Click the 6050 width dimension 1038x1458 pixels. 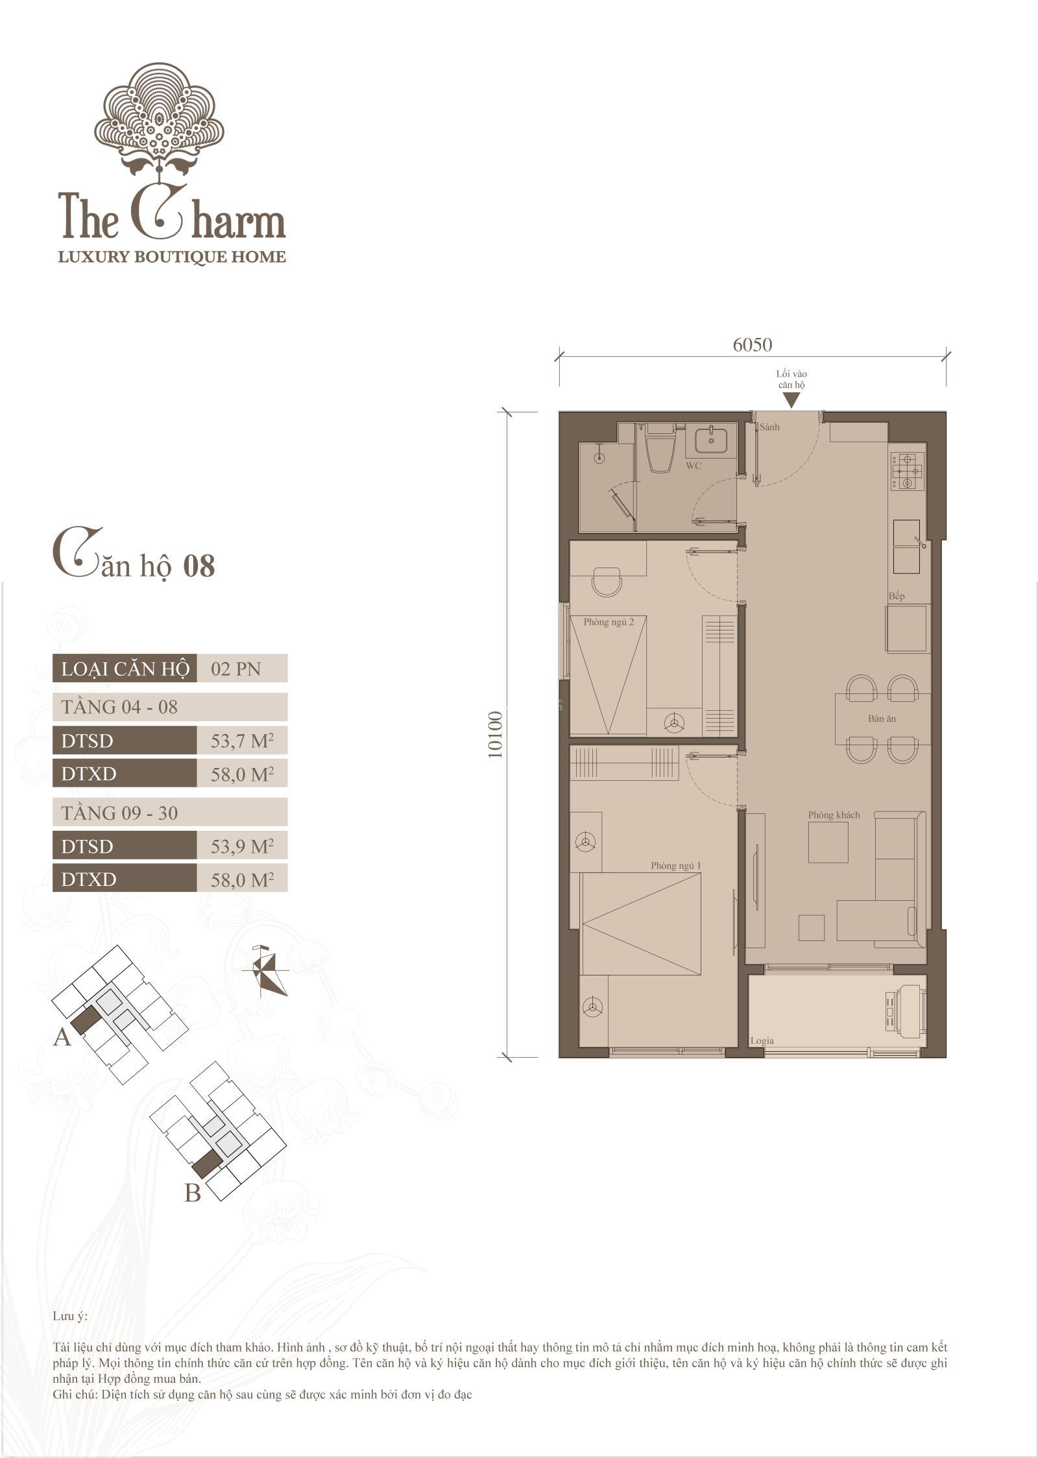point(753,344)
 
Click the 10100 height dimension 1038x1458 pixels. point(496,735)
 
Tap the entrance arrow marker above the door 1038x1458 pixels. point(791,401)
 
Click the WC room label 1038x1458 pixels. point(694,466)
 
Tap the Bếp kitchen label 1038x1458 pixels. point(897,596)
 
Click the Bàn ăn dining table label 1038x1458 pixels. point(882,719)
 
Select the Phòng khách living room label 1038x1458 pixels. point(834,815)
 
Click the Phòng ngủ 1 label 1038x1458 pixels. point(676,866)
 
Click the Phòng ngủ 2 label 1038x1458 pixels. point(609,622)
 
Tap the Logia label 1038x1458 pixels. point(762,1040)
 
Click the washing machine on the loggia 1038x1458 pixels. point(902,1009)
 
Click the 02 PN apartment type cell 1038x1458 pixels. point(236,669)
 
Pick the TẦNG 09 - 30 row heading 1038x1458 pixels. point(119,813)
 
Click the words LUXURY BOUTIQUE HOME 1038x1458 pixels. point(172,257)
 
